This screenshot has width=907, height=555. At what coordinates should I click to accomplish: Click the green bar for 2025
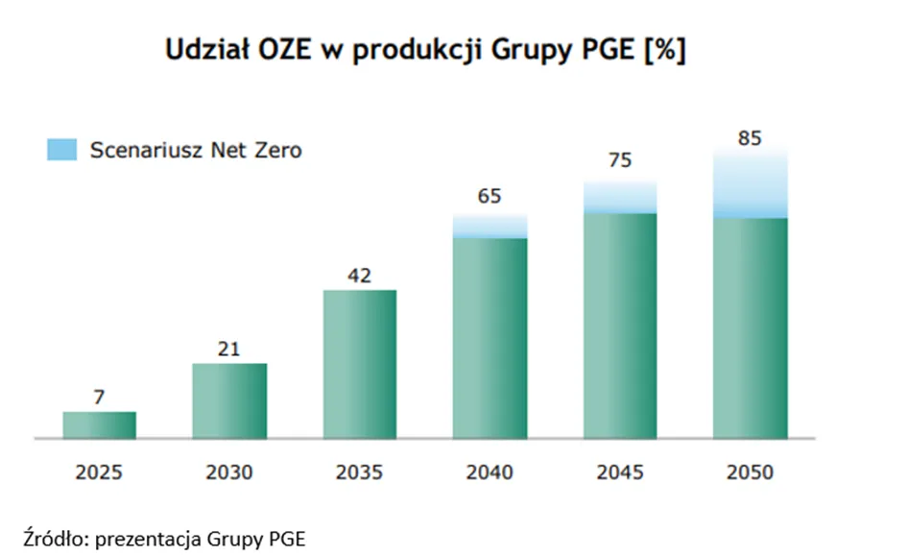pos(100,424)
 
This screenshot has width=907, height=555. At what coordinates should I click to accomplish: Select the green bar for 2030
pos(229,400)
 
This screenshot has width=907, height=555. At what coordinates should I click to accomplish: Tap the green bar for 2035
pos(360,364)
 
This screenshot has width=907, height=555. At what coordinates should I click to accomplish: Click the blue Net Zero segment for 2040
pos(489,226)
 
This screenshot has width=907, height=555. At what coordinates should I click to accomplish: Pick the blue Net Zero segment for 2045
pos(620,197)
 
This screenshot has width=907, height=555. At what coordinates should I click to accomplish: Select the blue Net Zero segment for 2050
pos(751,182)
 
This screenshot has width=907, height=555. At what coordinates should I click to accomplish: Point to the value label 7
pos(99,397)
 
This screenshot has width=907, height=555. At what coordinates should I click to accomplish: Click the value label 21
pos(229,349)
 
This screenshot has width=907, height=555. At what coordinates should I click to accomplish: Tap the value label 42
pos(359,276)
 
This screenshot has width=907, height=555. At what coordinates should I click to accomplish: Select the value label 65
pos(489,196)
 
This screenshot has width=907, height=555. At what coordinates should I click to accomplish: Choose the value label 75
pos(620,160)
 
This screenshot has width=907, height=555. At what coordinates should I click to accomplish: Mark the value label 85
pos(750,138)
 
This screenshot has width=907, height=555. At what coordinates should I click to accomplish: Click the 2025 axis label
pos(99,472)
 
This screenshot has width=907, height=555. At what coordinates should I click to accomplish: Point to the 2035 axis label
pos(359,472)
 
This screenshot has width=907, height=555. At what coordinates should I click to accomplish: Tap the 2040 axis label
pos(489,472)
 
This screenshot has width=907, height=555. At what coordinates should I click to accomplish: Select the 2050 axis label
pos(750,472)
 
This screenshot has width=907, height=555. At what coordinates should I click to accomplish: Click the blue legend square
pos(61,150)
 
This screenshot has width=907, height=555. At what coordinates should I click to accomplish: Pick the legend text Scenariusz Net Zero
pos(196,151)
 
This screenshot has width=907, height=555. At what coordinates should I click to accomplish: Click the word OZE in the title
pos(285,50)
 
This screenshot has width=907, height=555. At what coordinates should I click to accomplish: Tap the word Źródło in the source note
pos(56,539)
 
